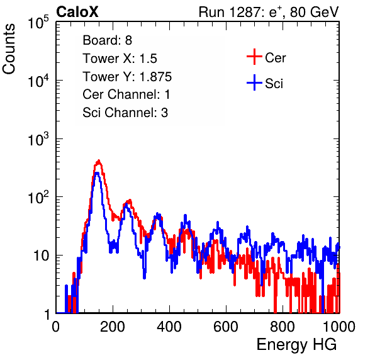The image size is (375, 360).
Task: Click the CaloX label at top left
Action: point(77,12)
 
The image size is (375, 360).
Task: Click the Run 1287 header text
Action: point(269,12)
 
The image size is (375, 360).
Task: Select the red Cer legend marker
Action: point(254,57)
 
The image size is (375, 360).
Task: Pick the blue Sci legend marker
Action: point(254,82)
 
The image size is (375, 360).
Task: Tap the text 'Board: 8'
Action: point(108,40)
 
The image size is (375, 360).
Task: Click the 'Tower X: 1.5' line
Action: point(120,59)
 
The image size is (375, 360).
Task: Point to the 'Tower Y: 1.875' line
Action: point(127,77)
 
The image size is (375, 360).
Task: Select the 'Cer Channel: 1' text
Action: point(126,94)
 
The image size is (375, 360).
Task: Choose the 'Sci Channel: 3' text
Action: point(125,113)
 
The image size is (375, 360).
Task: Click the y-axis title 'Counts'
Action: point(9,49)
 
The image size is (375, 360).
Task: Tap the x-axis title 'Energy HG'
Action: point(296,345)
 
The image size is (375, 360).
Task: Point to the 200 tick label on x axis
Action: point(113,327)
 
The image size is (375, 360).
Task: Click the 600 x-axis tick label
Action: point(226,327)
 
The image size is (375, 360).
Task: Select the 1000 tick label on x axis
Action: point(339,327)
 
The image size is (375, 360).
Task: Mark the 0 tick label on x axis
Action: point(56,327)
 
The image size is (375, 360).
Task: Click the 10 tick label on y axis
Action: point(41,256)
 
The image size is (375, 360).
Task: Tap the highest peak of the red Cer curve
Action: point(99,160)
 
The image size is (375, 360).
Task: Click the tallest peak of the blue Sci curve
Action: point(96,172)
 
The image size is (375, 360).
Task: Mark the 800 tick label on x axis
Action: point(283,327)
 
